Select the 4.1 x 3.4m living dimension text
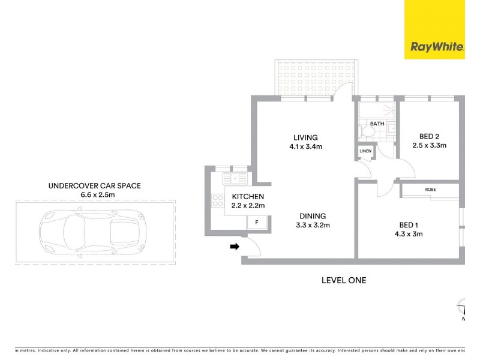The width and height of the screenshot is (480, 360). tap(305, 146)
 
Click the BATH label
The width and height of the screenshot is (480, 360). tap(377, 124)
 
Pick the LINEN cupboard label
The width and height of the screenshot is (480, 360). tap(365, 151)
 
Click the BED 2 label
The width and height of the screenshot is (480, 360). tap(430, 136)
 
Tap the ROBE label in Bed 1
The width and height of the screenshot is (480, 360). tap(430, 190)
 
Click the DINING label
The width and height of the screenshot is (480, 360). tap(310, 216)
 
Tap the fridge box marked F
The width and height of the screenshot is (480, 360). tap(257, 223)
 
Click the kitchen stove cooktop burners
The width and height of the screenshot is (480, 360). tap(217, 202)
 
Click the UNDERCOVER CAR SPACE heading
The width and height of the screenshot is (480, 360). tap(94, 186)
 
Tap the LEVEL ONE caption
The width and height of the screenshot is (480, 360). tap(344, 280)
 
